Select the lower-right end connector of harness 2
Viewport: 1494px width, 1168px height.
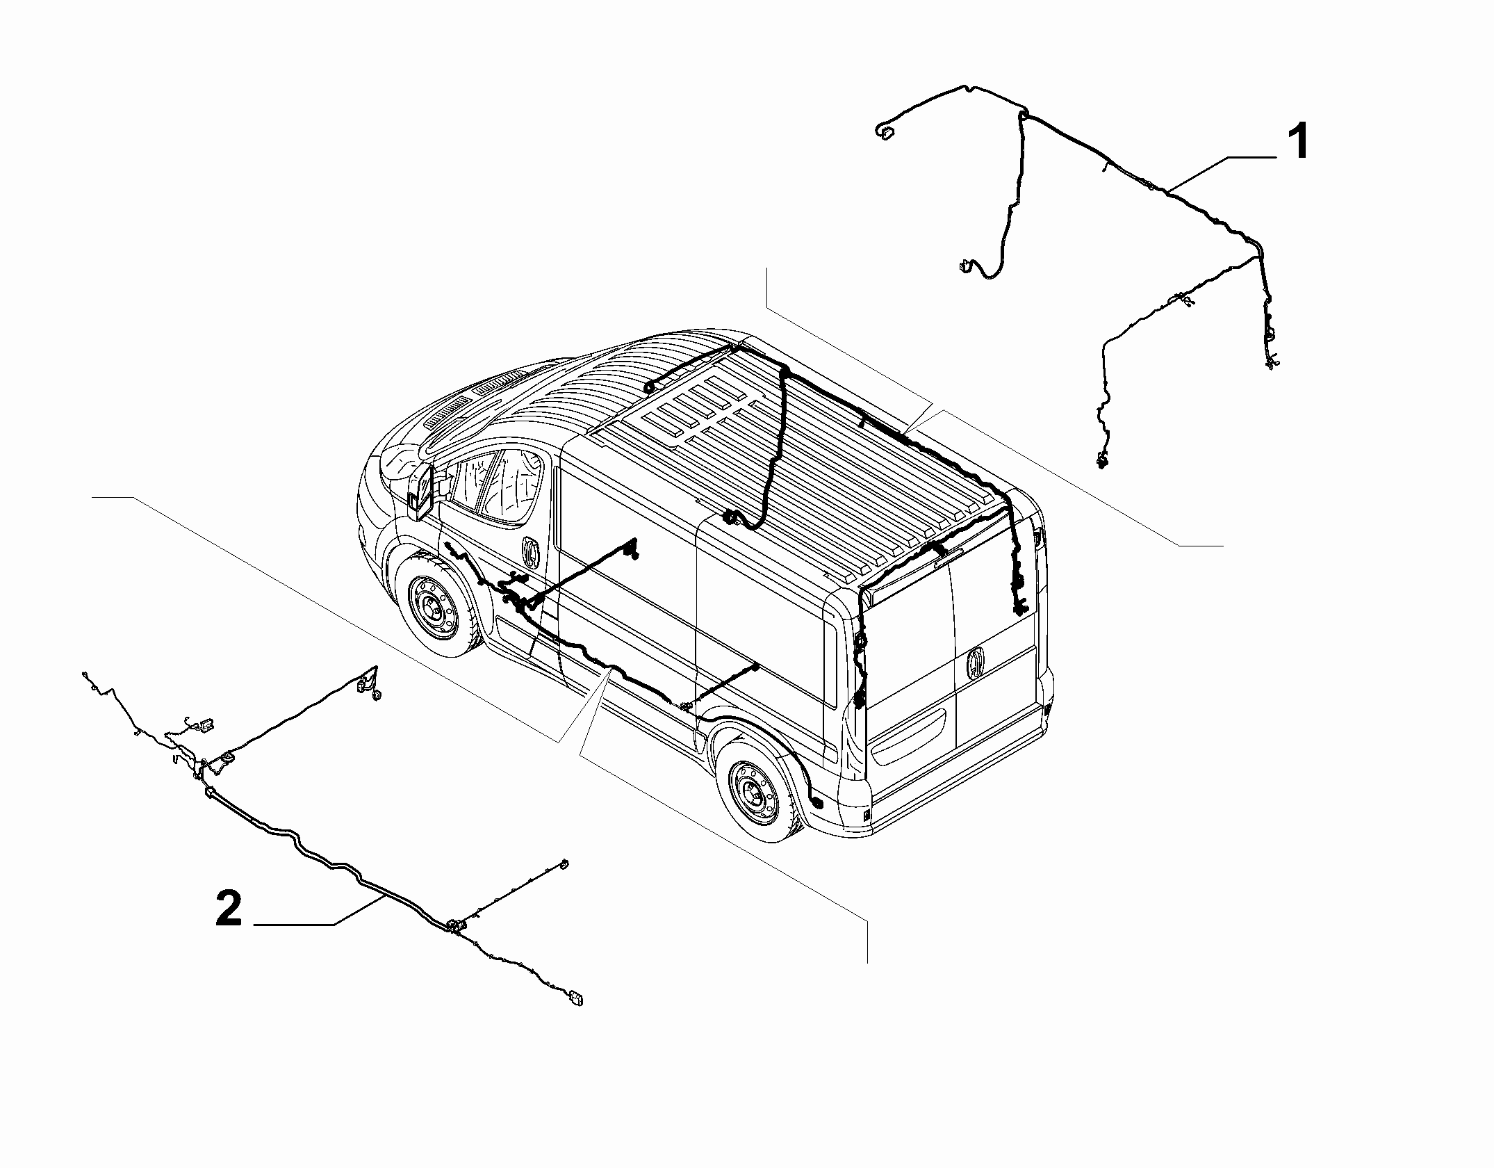[x=575, y=1000]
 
